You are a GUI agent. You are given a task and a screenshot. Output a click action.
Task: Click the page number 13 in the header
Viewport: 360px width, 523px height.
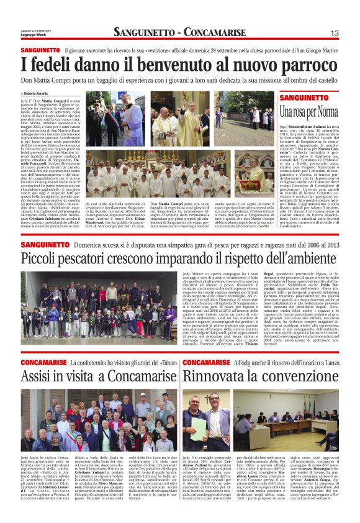[333, 32]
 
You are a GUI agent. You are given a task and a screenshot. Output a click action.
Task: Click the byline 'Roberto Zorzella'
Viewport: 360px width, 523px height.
[36, 93]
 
